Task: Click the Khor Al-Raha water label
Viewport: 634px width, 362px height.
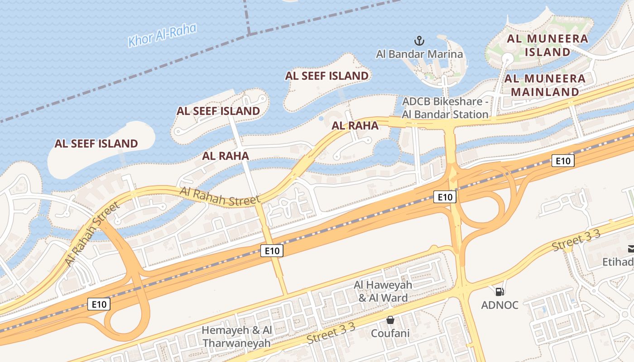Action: (x=162, y=35)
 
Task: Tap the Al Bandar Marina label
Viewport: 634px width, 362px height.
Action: (x=419, y=54)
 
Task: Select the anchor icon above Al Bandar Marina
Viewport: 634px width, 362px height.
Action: (x=419, y=41)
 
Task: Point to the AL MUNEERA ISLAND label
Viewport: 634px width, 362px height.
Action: (x=547, y=45)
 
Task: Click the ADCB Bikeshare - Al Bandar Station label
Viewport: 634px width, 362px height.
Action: (x=445, y=108)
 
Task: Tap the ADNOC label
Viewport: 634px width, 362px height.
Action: (x=500, y=305)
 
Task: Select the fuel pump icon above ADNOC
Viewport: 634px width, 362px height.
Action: (x=500, y=292)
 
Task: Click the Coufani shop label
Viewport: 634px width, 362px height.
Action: (x=390, y=333)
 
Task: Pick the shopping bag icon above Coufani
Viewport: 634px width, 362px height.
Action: (x=390, y=320)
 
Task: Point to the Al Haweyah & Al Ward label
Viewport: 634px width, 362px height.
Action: (x=383, y=291)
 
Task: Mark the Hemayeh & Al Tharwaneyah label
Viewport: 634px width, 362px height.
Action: (x=237, y=336)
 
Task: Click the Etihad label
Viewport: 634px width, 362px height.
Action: (x=619, y=262)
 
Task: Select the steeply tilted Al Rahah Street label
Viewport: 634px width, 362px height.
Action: (x=92, y=234)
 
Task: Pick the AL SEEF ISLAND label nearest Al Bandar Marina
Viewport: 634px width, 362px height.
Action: (x=327, y=76)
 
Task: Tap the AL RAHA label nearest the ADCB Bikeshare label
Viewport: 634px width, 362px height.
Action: (x=355, y=125)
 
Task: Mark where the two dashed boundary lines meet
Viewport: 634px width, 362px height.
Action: (x=249, y=34)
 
